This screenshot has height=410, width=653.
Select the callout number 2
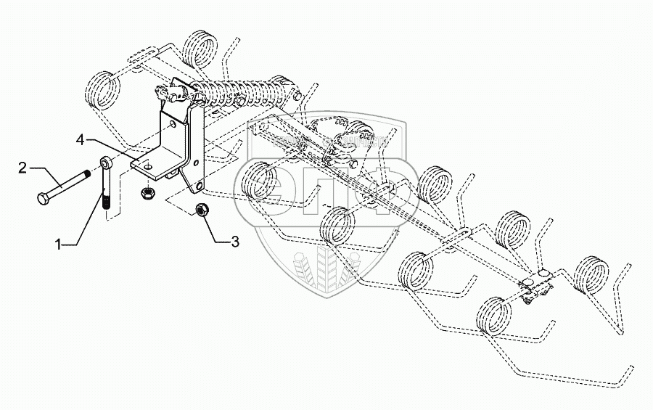point(23,168)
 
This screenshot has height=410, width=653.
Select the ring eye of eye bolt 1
point(106,163)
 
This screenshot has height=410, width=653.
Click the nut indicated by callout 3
point(204,210)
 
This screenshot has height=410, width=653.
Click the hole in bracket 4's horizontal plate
point(148,168)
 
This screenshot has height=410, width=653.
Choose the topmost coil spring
point(200,51)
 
